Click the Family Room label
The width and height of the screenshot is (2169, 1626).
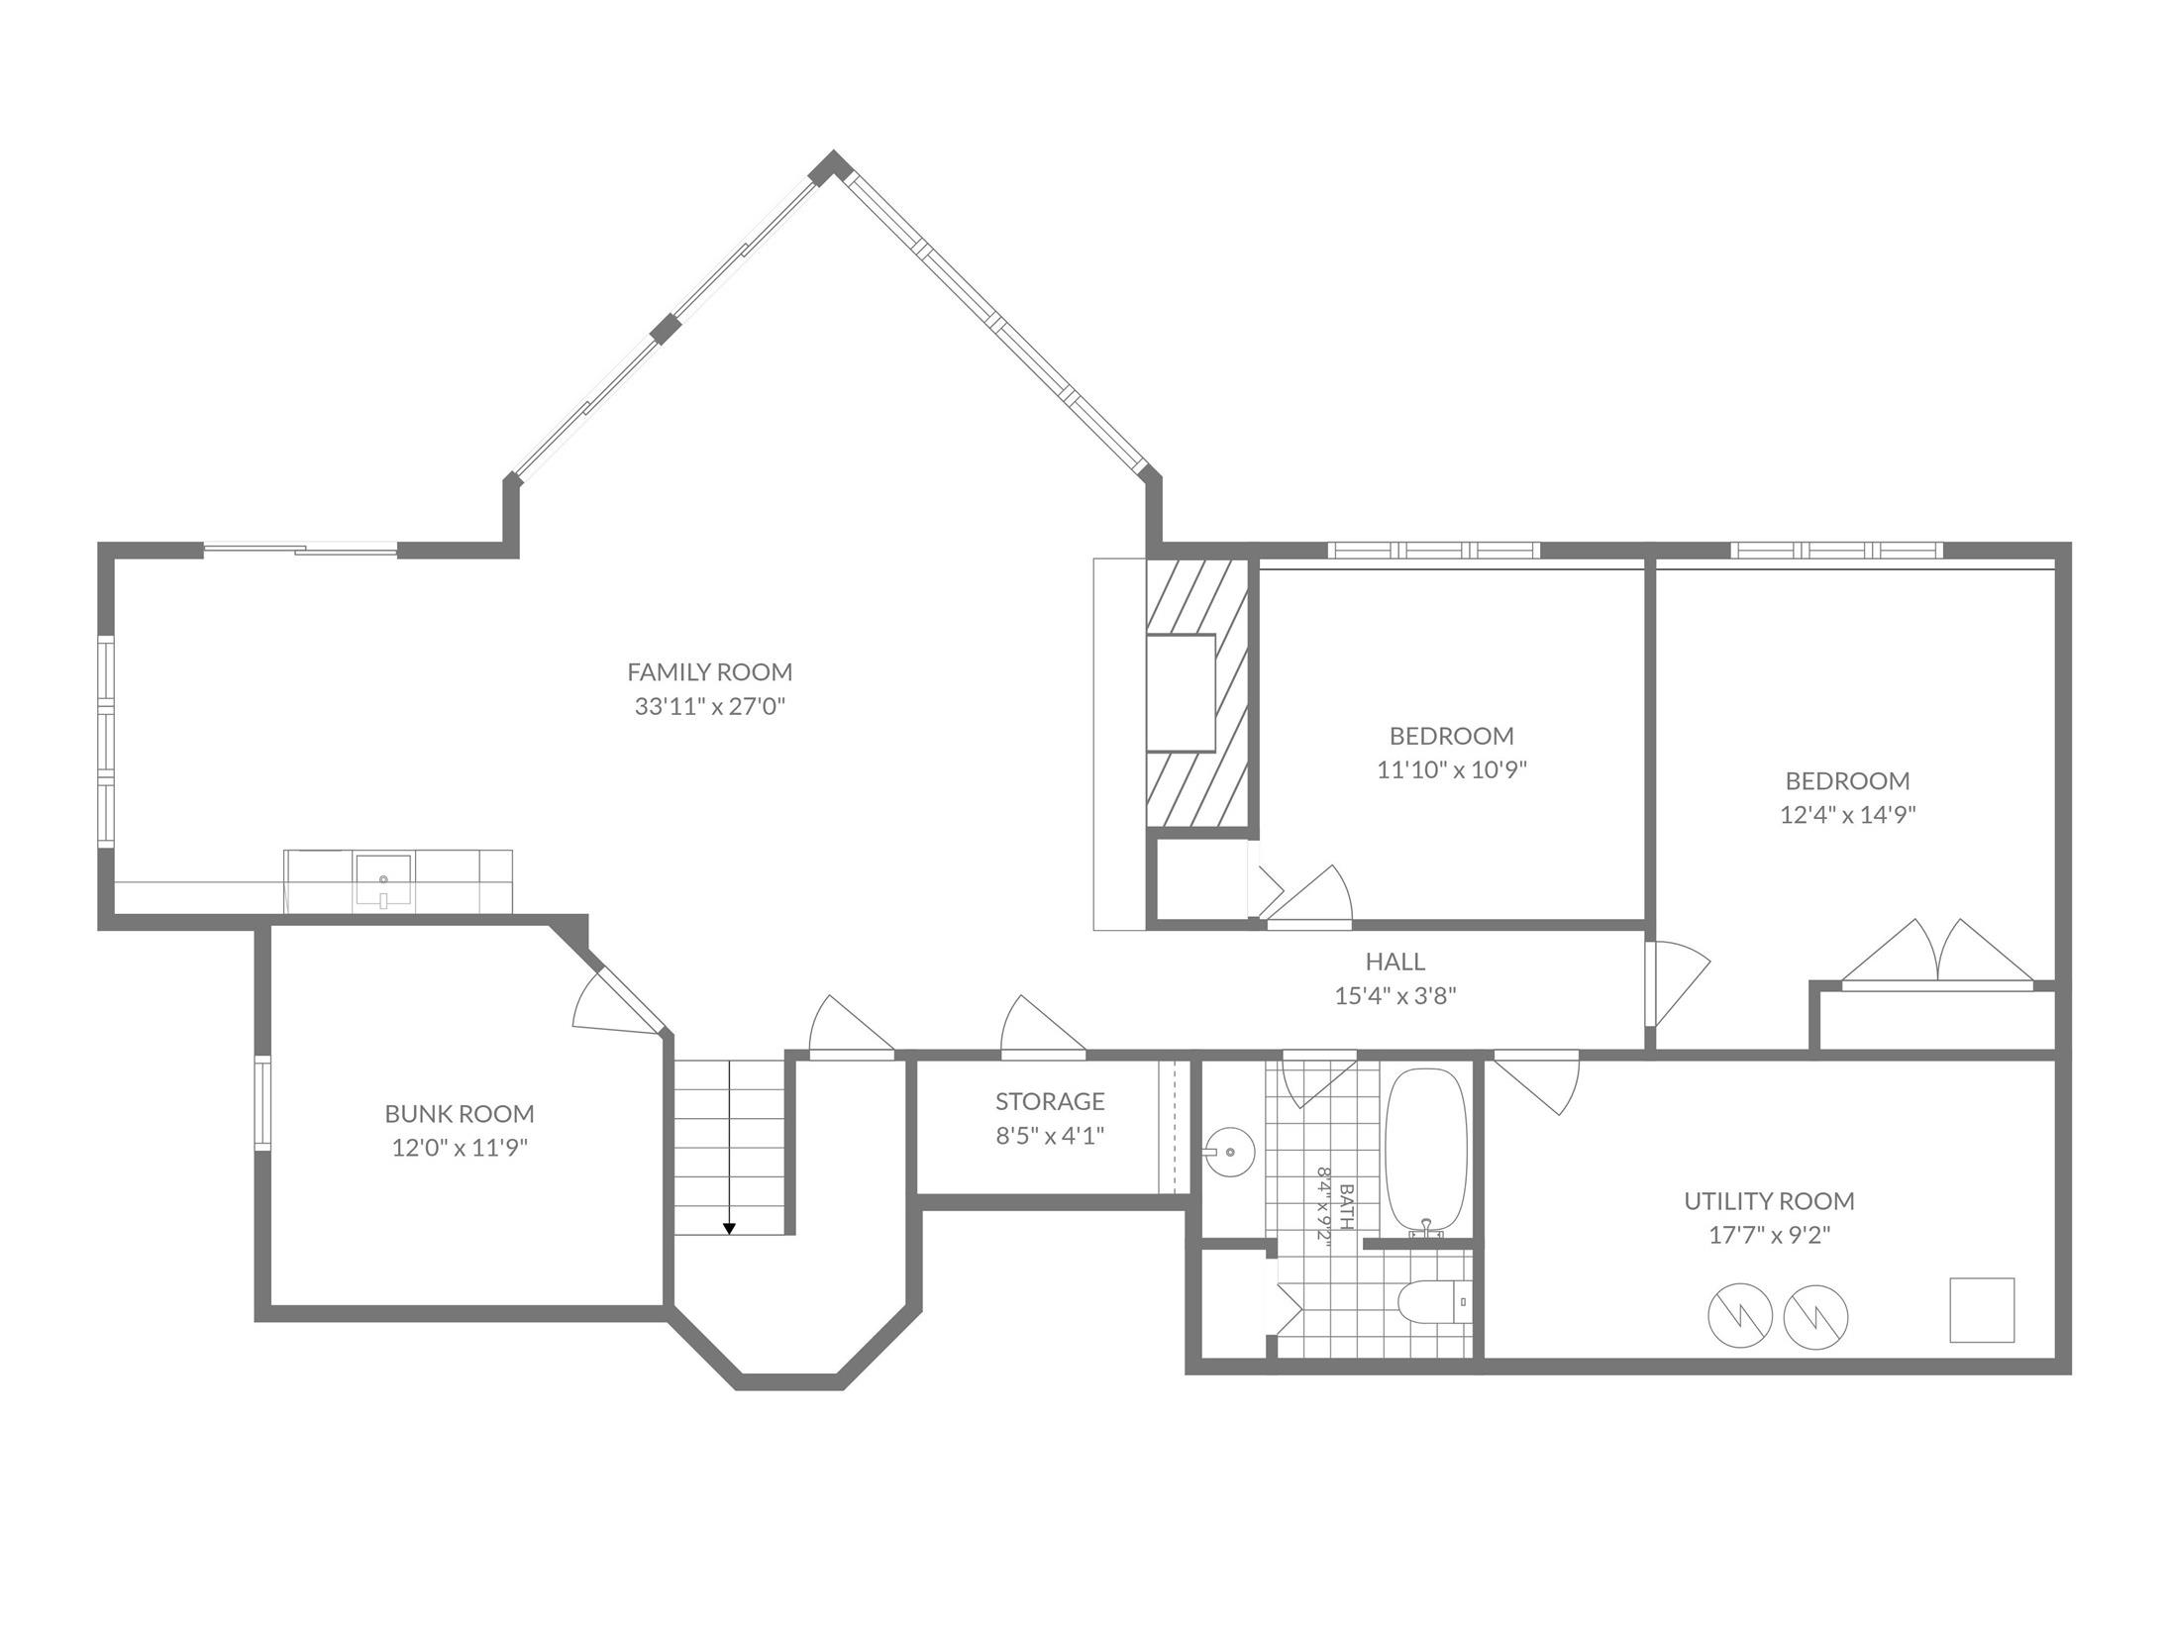coord(710,672)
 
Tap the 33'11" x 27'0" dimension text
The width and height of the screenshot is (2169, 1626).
coord(710,707)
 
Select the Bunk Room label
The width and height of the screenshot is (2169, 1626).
coord(460,1114)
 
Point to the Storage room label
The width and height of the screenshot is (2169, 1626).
coord(1050,1101)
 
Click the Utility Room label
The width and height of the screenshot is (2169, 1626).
coord(1769,1201)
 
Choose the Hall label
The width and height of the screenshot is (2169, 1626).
coord(1395,962)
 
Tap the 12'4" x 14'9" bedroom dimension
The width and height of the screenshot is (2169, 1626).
coord(1847,815)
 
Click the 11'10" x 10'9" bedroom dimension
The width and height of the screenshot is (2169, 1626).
coord(1452,770)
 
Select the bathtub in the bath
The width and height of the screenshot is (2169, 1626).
coord(1425,1152)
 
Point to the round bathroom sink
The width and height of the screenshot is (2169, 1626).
coord(1229,1152)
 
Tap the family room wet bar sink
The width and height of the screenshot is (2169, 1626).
coord(383,880)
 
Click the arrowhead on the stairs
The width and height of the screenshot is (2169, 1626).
coord(729,1229)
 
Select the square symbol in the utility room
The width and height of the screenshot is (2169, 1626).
coord(1982,1310)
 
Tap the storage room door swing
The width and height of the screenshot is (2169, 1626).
coord(1043,1026)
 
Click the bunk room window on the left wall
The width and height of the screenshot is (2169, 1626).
coord(262,1103)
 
